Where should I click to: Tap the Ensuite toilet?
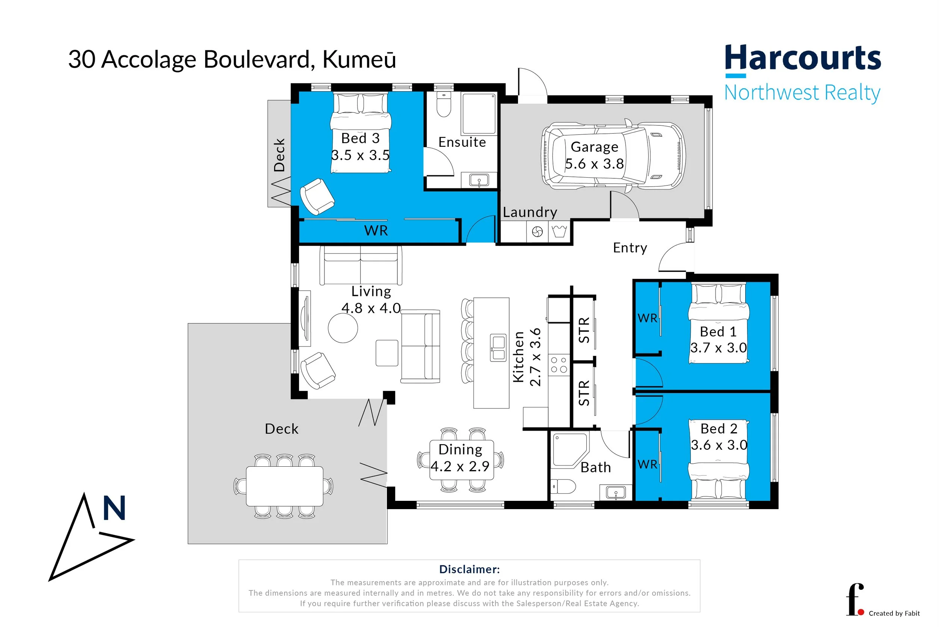[444, 104]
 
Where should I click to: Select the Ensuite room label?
[462, 142]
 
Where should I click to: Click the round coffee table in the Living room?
[343, 328]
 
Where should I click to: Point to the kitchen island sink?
[498, 348]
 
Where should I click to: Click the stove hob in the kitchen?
[559, 365]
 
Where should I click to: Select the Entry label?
[630, 248]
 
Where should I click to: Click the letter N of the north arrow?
[115, 508]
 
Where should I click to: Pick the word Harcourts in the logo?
[803, 58]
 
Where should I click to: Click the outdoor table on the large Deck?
[284, 486]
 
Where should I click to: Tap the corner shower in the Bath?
[569, 450]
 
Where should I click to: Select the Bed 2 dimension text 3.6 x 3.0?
[719, 445]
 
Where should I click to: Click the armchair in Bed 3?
[317, 196]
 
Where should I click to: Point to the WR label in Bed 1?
[647, 318]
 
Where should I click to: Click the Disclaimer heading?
[469, 569]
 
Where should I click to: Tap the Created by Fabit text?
[894, 613]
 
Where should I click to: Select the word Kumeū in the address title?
[359, 60]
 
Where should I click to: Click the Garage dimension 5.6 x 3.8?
[594, 164]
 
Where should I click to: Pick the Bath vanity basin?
[616, 492]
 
